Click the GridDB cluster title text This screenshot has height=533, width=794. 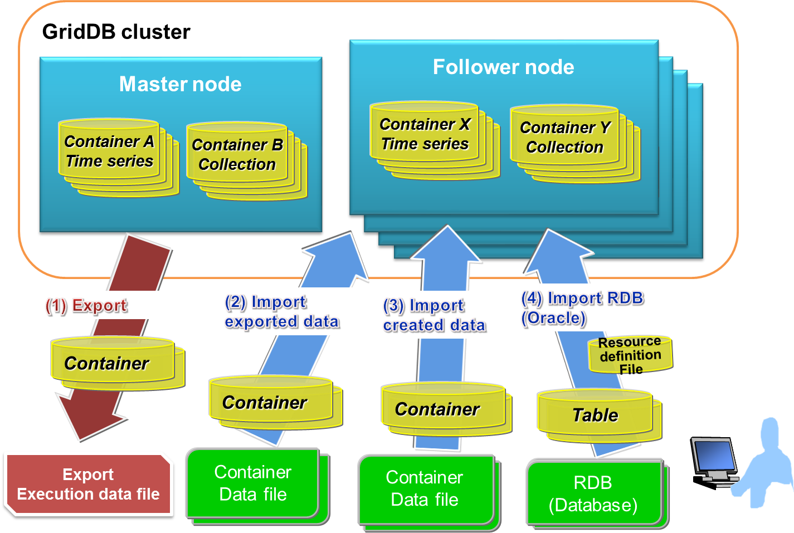[116, 32]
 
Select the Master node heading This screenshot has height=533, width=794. [180, 84]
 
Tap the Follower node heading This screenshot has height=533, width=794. [503, 67]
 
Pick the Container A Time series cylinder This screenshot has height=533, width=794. [109, 151]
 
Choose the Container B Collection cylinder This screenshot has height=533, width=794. [237, 154]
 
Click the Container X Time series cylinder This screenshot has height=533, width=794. [425, 134]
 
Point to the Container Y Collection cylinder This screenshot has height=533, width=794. [564, 137]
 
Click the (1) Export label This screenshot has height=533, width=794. [86, 305]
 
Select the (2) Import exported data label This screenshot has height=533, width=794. [282, 311]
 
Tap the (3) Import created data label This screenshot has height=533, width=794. [435, 315]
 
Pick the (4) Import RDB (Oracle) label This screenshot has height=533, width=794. [582, 307]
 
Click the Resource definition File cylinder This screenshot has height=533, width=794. [630, 355]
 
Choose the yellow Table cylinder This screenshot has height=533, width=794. [595, 415]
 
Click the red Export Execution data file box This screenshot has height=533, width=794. [88, 485]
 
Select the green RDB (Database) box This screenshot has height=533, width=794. [593, 493]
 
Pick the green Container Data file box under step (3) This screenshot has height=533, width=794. [425, 488]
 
